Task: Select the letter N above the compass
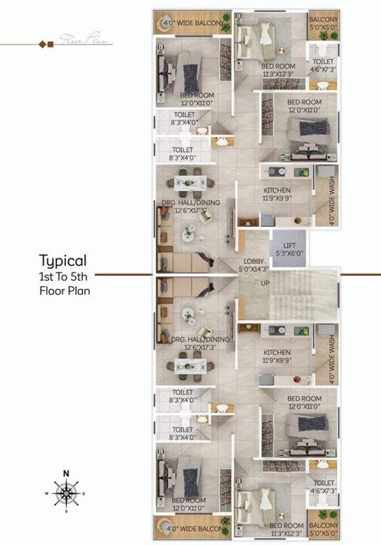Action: [66, 473]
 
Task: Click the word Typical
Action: [62, 260]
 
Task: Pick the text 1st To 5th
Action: [62, 275]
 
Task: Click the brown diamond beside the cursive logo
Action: [50, 45]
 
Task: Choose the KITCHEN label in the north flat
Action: [276, 191]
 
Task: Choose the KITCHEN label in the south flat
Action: [276, 353]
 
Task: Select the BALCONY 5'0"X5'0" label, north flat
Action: [324, 25]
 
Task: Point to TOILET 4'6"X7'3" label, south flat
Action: [322, 486]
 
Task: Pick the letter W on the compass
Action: [48, 492]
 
